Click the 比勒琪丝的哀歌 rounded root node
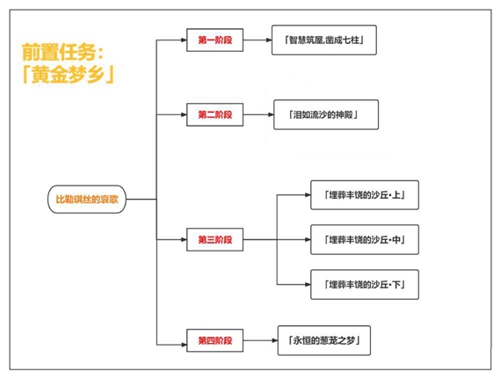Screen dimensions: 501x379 coord(87,199)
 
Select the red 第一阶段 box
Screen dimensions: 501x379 coord(214,40)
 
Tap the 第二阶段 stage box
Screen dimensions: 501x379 coord(214,114)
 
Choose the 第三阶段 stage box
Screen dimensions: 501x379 coord(214,239)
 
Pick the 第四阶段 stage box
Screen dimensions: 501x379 coord(214,340)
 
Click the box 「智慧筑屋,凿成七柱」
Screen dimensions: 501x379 coord(324,40)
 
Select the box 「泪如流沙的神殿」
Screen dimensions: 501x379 coord(326,114)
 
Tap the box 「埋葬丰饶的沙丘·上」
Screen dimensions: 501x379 coord(365,195)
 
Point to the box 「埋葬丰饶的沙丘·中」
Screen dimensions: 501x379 coord(365,240)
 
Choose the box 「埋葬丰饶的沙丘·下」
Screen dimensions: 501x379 coord(365,284)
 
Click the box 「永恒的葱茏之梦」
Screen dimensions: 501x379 coord(324,340)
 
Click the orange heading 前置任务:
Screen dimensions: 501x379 coord(63,52)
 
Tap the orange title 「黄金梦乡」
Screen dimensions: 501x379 coord(69,75)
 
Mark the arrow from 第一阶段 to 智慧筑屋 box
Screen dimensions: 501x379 coord(258,40)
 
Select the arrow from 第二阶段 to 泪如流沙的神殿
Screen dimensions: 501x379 coord(258,114)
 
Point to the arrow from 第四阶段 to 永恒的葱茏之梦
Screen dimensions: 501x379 coord(260,340)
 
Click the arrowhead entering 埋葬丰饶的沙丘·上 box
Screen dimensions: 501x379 coord(308,195)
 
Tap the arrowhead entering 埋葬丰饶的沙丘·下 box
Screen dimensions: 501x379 coord(308,284)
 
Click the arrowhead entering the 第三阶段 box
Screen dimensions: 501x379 coord(184,239)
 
